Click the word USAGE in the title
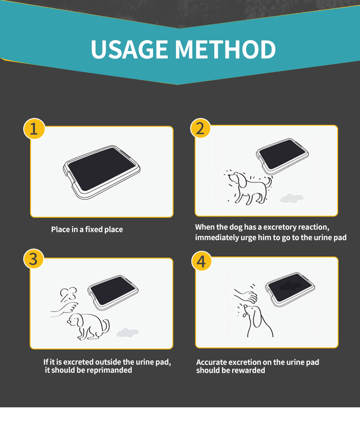[129, 49]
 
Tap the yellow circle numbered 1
[34, 128]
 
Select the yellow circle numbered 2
[200, 128]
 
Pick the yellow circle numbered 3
[34, 259]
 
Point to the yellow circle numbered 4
[201, 262]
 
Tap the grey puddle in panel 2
[291, 198]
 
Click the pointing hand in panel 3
[63, 310]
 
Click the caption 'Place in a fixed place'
[87, 229]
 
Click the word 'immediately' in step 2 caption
[217, 237]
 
